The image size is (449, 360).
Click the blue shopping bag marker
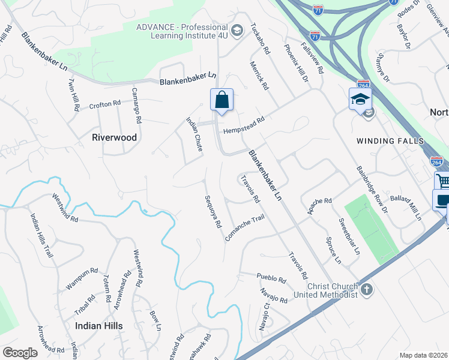click(x=221, y=100)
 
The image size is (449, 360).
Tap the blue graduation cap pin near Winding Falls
click(x=360, y=99)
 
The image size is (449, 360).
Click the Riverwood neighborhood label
click(x=114, y=137)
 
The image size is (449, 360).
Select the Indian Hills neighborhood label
click(x=99, y=326)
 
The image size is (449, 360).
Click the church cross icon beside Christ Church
click(x=366, y=290)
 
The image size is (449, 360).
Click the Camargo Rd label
click(x=137, y=106)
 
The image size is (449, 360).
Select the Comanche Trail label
click(x=244, y=229)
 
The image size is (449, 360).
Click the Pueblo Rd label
click(x=271, y=278)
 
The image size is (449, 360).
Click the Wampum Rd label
click(x=82, y=279)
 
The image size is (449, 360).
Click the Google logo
click(x=19, y=353)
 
